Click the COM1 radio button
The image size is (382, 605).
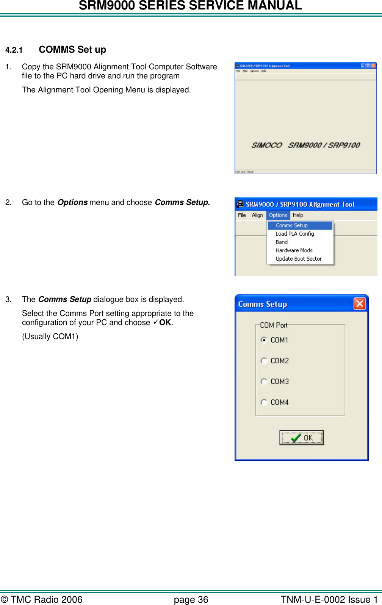point(264,340)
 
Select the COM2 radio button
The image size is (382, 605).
point(264,361)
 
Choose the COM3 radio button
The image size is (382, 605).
point(264,381)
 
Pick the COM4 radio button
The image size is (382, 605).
point(264,402)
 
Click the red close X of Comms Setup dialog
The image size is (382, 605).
point(359,304)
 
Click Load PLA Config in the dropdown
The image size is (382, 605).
point(295,234)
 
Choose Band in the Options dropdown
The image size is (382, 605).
point(282,242)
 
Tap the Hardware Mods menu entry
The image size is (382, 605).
point(294,250)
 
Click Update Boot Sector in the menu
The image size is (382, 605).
point(299,259)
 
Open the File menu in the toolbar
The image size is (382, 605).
point(242,215)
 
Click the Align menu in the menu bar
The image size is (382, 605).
point(257,215)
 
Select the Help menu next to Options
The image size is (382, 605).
point(298,215)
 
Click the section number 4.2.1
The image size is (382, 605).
point(14,50)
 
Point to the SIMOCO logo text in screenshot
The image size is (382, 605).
point(267,145)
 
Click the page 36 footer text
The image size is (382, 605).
point(191,600)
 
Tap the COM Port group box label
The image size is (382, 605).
point(274,325)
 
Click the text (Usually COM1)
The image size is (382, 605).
point(50,336)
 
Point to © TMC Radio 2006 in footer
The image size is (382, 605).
point(42,600)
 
